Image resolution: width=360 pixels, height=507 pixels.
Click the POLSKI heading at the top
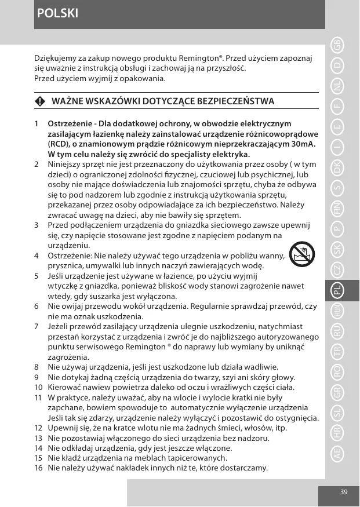point(57,13)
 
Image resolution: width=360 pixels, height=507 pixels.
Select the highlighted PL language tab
point(337,293)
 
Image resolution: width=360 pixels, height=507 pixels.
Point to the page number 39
point(344,492)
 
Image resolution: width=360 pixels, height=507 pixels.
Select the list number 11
point(38,398)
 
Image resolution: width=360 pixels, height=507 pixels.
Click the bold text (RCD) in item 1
point(59,144)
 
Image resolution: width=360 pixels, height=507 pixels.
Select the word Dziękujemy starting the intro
point(55,59)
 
